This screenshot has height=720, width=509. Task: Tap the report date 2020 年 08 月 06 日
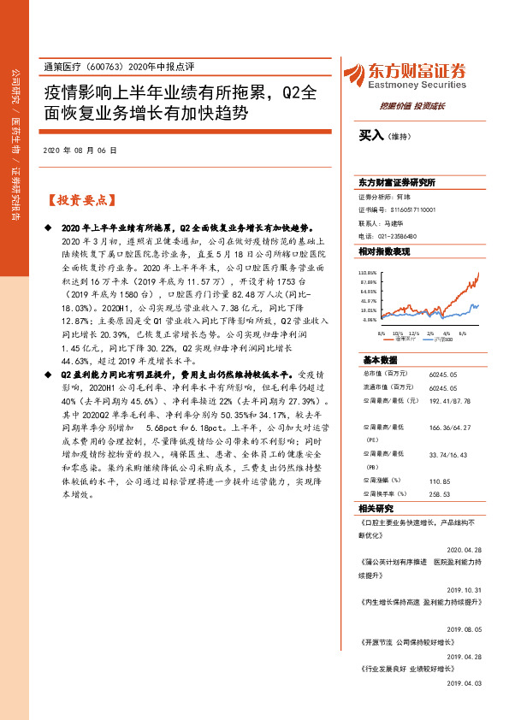coord(79,150)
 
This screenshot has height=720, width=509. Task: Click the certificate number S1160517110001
coord(414,209)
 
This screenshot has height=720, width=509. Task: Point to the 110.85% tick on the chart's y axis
coord(368,271)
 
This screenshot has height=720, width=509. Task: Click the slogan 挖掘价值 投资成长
coord(420,105)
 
